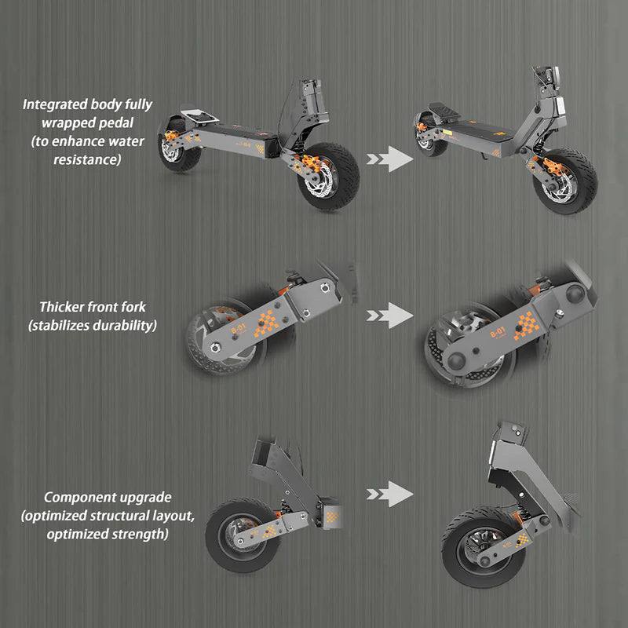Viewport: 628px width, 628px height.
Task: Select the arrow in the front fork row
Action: click(x=390, y=316)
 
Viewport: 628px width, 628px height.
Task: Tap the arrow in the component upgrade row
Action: click(x=390, y=494)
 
